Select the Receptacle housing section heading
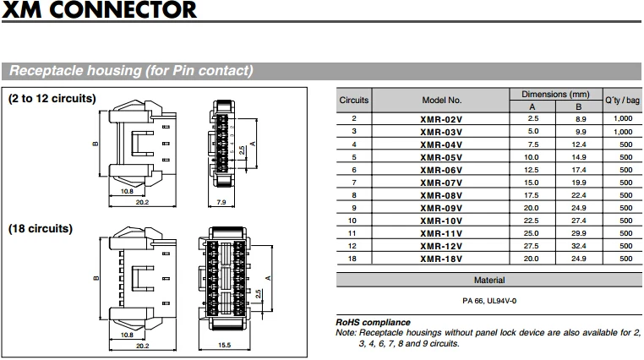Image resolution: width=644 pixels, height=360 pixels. click(131, 71)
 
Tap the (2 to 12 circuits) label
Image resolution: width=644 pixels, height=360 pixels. click(52, 99)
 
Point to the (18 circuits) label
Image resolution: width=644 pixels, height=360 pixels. click(41, 229)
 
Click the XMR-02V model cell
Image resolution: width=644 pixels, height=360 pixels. click(441, 119)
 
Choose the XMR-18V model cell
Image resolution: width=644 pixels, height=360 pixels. click(441, 259)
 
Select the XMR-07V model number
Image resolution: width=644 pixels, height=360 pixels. click(441, 183)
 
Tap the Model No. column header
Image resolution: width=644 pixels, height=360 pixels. click(441, 100)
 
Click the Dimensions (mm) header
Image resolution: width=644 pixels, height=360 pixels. click(554, 94)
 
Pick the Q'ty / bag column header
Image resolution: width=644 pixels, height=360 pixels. click(621, 100)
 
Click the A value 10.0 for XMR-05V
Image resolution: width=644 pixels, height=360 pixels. click(532, 157)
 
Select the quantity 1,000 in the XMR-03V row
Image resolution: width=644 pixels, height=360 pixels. click(622, 132)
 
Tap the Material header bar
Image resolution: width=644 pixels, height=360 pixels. click(488, 280)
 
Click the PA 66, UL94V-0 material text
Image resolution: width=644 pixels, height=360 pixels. click(488, 301)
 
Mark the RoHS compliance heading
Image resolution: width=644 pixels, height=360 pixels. click(373, 322)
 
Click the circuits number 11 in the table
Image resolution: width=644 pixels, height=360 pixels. click(353, 233)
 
